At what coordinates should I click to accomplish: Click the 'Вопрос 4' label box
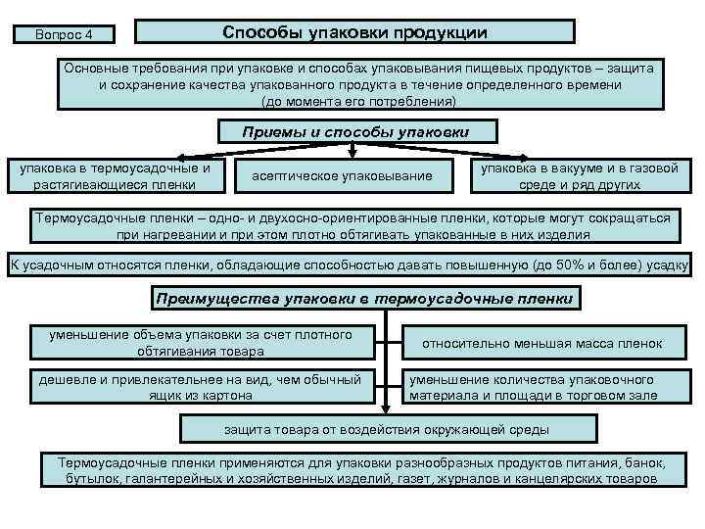(x=64, y=35)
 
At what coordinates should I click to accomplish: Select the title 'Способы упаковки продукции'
(x=354, y=32)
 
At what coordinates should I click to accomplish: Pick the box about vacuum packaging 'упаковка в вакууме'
(x=590, y=175)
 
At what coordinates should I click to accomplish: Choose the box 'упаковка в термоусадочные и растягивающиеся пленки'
(x=116, y=175)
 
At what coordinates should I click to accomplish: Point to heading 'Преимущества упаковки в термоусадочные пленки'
(x=364, y=298)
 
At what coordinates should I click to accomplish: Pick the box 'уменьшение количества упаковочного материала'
(x=544, y=387)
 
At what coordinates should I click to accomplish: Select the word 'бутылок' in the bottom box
(x=97, y=480)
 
